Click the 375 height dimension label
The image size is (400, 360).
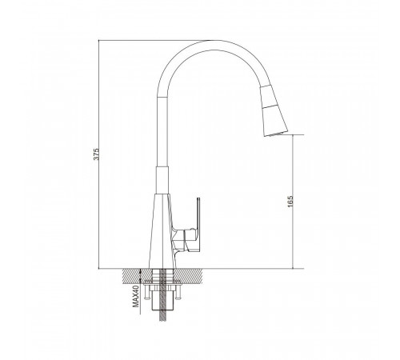coord(97,154)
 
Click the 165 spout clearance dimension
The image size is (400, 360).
coord(290,202)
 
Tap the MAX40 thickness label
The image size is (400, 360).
coord(136,296)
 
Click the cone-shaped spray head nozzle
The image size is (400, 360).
coord(274,111)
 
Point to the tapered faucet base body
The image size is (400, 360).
coord(162,231)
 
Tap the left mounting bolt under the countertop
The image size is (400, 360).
coord(146,291)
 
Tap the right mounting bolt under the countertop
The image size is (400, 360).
coord(178,291)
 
